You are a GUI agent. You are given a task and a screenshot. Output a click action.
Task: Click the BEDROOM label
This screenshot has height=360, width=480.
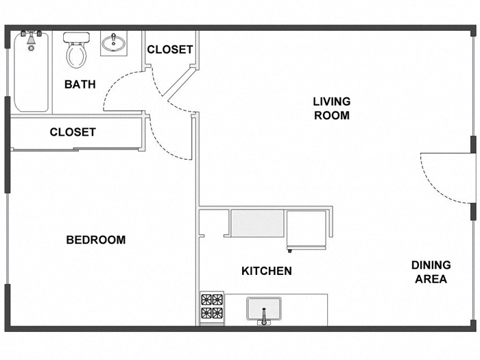[x=95, y=240]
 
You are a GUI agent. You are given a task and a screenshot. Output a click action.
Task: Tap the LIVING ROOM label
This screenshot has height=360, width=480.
[x=331, y=108]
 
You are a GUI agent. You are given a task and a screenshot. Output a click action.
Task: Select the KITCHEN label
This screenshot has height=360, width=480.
[x=266, y=271]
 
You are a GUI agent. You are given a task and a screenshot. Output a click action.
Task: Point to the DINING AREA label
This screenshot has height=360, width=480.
[x=431, y=272]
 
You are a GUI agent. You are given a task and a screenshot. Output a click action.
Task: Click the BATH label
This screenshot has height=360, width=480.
[x=80, y=84]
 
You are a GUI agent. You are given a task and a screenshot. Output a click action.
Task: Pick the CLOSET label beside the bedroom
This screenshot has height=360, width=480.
[x=73, y=132]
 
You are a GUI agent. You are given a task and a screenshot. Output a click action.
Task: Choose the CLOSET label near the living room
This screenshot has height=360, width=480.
[x=169, y=49]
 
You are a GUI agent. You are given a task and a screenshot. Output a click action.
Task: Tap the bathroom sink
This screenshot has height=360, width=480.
[x=112, y=45]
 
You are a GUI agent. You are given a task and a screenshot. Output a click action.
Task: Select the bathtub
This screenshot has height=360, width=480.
[x=31, y=75]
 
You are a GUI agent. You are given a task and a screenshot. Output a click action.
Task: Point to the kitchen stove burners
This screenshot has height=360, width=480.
[x=211, y=307]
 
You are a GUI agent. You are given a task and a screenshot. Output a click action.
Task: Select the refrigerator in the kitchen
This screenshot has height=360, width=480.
[x=307, y=230]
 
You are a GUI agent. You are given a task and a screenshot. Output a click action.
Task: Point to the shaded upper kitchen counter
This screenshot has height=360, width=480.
[x=256, y=223]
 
